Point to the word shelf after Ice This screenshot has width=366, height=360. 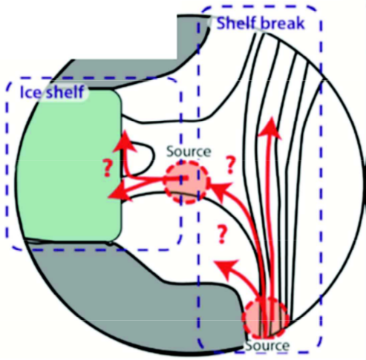point(65,92)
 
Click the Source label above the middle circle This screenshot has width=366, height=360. point(189,151)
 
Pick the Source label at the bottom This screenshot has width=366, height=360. point(267,345)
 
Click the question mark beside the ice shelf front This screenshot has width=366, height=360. point(108,168)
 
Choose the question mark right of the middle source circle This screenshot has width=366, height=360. point(231,165)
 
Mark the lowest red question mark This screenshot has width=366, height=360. point(222,234)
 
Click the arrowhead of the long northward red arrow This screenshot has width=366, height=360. point(271,128)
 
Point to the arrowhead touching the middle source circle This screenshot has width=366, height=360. point(221,190)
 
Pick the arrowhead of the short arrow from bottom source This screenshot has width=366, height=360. point(226,266)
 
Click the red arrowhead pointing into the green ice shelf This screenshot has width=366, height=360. point(120,192)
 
